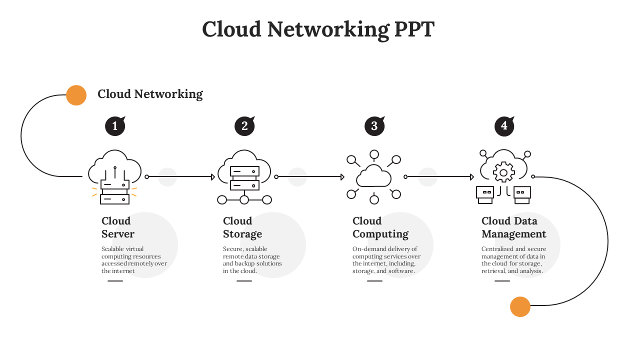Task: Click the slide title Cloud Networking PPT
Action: click(x=318, y=29)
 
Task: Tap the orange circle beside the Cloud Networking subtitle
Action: click(x=76, y=95)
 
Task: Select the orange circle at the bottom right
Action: click(x=520, y=306)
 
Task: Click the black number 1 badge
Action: click(x=114, y=126)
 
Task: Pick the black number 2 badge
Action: click(x=244, y=126)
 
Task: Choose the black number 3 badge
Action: click(x=374, y=126)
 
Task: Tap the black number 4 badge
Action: click(x=504, y=126)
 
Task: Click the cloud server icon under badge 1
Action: click(x=114, y=177)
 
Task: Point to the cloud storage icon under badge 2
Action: click(x=244, y=177)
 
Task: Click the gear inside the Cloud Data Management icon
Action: click(x=503, y=172)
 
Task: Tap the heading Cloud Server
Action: click(x=118, y=227)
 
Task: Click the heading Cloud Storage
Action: click(x=242, y=227)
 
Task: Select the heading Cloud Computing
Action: click(x=380, y=227)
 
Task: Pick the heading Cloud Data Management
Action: click(x=513, y=227)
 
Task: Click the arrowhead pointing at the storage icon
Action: click(x=213, y=177)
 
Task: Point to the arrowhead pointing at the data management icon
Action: click(x=472, y=177)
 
